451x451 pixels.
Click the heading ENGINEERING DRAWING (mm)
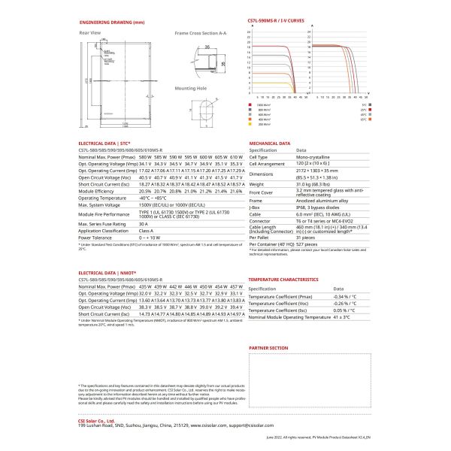coord(110,23)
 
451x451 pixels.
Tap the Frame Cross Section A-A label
coord(201,34)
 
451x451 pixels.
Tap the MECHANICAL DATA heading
coord(269,142)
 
